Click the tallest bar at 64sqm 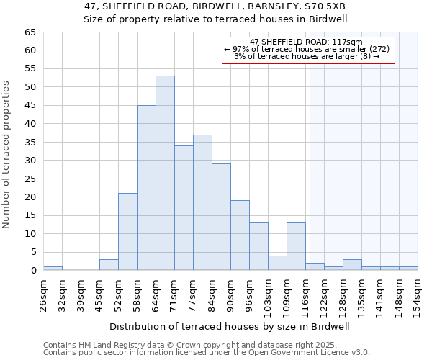165,173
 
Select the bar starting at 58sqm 146,187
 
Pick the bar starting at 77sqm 202,202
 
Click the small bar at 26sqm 53,268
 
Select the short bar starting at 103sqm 277,263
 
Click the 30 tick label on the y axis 30,161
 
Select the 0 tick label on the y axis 32,271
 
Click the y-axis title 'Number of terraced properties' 6,155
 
